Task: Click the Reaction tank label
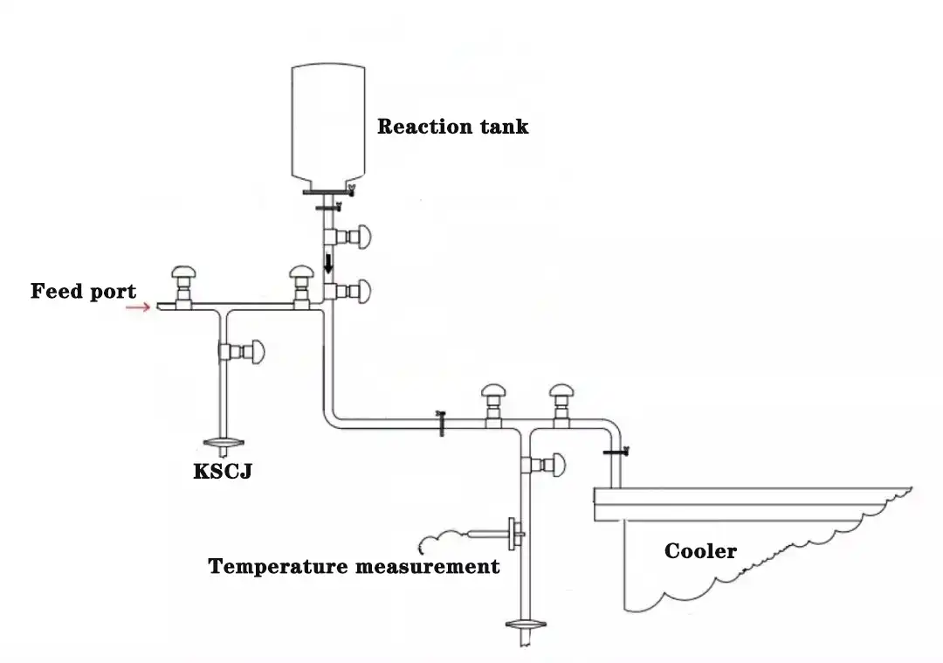click(x=452, y=127)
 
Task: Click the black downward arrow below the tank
click(x=328, y=263)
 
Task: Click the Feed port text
click(x=83, y=291)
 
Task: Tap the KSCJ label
click(x=222, y=473)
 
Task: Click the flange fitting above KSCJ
click(x=226, y=444)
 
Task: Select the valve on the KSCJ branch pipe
click(x=244, y=351)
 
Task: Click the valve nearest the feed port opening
click(x=183, y=281)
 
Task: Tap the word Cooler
click(x=700, y=551)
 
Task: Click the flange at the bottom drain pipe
click(x=525, y=625)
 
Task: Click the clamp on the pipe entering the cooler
click(x=616, y=452)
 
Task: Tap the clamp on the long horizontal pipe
click(x=441, y=423)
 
